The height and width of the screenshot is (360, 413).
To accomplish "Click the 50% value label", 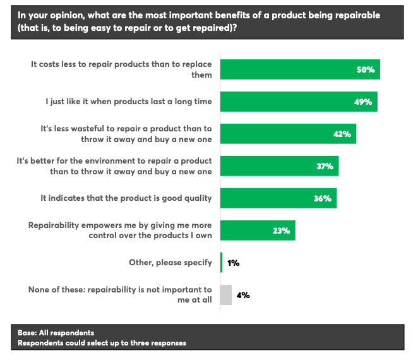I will click(366, 69).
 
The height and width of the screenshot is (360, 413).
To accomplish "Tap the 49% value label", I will click(363, 102).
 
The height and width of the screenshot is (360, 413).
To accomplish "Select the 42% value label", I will click(342, 134).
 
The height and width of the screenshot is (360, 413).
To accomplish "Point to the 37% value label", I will click(325, 166).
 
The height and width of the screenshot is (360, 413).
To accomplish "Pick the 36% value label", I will click(322, 198).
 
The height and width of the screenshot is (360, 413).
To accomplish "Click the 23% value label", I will click(281, 231).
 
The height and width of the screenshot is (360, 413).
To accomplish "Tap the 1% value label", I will click(232, 263).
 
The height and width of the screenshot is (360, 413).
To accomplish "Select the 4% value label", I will click(242, 295).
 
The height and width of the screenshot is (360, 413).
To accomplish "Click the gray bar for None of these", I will click(226, 295).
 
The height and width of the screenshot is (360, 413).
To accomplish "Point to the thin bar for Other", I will click(221, 263).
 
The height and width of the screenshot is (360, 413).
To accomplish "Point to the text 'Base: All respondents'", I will click(56, 333).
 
